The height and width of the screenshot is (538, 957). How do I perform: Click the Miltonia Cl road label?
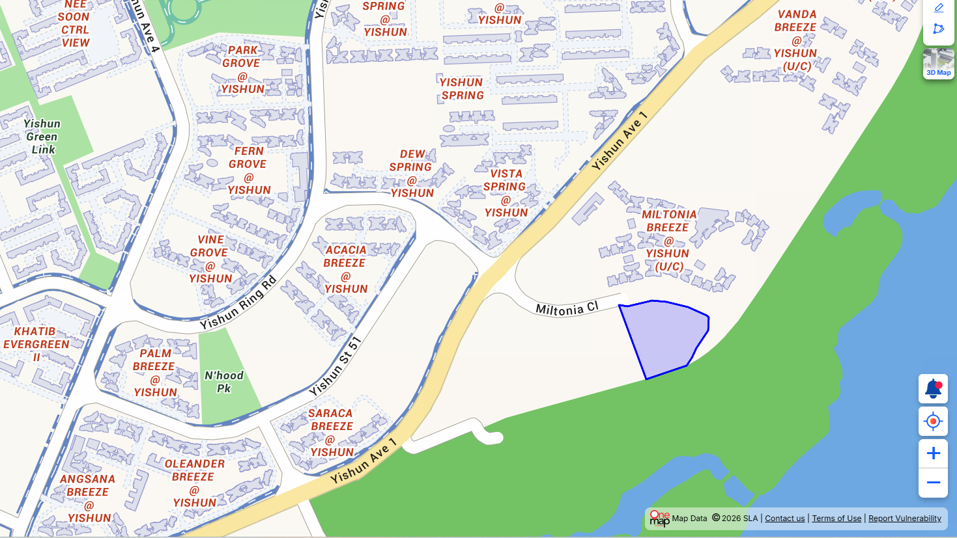(566, 309)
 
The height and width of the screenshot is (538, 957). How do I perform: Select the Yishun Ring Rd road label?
(238, 303)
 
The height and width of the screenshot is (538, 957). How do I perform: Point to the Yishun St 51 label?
(335, 366)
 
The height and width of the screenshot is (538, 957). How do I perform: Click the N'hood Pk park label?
(223, 382)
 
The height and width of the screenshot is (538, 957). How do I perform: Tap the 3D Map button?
(938, 64)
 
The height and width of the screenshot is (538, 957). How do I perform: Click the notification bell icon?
(933, 389)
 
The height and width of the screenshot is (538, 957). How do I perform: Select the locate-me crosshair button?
(933, 422)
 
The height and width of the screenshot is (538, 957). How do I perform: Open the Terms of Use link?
(836, 518)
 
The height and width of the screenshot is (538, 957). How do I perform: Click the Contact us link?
(784, 518)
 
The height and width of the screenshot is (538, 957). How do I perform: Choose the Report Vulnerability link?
(904, 518)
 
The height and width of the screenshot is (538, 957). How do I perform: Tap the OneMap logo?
(659, 518)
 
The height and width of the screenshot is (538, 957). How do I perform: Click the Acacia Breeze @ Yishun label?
(345, 269)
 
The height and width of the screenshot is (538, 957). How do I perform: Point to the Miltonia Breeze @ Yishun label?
(668, 240)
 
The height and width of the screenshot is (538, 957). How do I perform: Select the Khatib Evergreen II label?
(36, 344)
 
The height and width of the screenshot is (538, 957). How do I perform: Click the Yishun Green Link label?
(42, 137)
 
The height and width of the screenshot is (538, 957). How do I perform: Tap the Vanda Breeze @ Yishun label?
(796, 40)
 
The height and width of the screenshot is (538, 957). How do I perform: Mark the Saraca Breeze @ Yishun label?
(331, 433)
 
